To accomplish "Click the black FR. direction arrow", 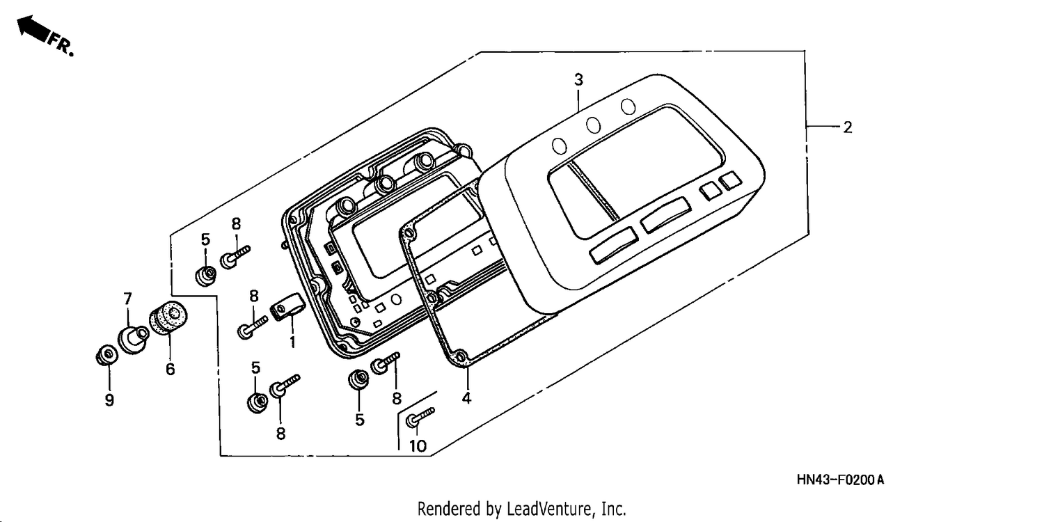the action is pos(33,29).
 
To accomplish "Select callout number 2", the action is pos(847,127).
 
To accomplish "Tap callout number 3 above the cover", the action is pos(578,80).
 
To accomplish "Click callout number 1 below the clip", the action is pos(292,342).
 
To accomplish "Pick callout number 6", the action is pos(170,369).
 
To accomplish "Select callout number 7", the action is pos(127,299).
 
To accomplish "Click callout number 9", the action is pos(109,400).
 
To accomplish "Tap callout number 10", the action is pos(418,446).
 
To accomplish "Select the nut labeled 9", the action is pos(106,356).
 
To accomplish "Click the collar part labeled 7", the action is pos(134,340).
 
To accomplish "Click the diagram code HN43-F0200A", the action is pos(840,480).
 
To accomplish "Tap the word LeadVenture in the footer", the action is pos(546,509).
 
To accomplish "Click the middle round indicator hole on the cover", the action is pos(593,125).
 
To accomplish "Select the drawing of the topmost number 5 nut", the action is pos(205,276).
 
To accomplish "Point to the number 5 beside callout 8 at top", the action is pos(205,239).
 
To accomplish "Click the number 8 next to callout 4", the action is pos(396,399).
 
